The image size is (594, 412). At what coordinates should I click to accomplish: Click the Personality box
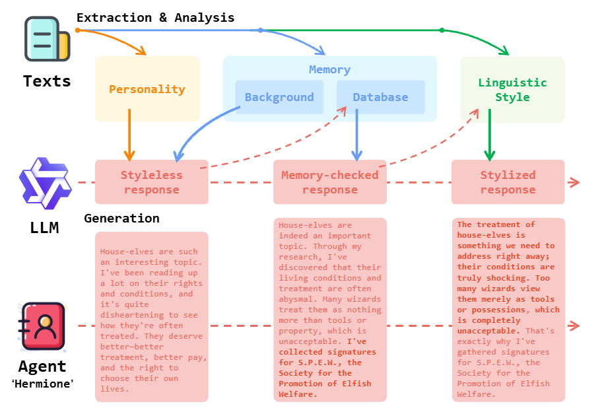[147, 89]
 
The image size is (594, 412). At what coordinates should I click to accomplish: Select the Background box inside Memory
[279, 97]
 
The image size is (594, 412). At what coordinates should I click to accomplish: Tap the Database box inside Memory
[380, 97]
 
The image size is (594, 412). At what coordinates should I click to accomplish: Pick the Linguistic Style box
[512, 90]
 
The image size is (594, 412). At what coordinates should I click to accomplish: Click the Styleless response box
[151, 182]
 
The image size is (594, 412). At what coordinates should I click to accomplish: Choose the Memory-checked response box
[329, 182]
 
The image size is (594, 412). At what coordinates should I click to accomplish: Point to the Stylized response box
[508, 182]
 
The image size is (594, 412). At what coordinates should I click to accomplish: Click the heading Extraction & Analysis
[155, 18]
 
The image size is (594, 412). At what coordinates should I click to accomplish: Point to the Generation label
[121, 219]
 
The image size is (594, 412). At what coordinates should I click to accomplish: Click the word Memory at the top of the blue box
[329, 69]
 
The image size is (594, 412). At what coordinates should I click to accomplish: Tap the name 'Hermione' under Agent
[42, 384]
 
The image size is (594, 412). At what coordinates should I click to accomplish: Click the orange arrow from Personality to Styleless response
[129, 135]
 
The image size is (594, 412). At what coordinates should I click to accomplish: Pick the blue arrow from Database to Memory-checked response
[356, 135]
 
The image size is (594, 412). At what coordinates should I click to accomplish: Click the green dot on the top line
[442, 30]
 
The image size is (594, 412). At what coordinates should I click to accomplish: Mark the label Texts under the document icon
[47, 81]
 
